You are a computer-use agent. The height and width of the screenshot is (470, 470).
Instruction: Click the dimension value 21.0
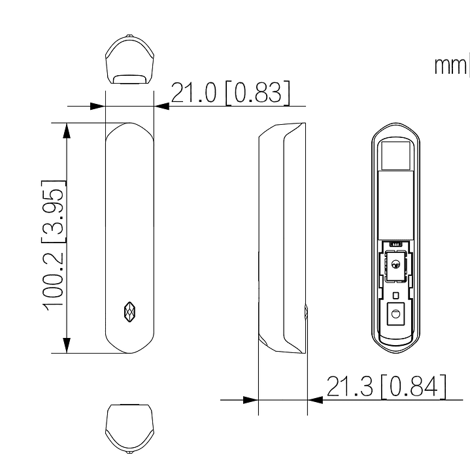(x=195, y=93)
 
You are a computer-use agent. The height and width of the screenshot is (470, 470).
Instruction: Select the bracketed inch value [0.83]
(x=256, y=93)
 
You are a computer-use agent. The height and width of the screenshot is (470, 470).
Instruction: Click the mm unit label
(x=449, y=66)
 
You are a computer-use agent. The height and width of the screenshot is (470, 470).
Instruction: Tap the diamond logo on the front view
(x=129, y=312)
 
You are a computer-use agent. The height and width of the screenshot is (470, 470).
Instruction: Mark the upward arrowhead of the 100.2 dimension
(x=66, y=131)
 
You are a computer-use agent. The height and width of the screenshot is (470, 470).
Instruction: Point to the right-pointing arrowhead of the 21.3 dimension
(x=250, y=399)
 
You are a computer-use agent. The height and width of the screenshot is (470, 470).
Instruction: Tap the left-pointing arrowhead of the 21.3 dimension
(x=315, y=399)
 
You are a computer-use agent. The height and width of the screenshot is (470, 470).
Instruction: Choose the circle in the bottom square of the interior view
(x=395, y=314)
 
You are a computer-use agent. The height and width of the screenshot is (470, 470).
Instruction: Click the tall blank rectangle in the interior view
(x=395, y=204)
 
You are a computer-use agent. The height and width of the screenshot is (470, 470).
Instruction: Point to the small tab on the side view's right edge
(x=305, y=312)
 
